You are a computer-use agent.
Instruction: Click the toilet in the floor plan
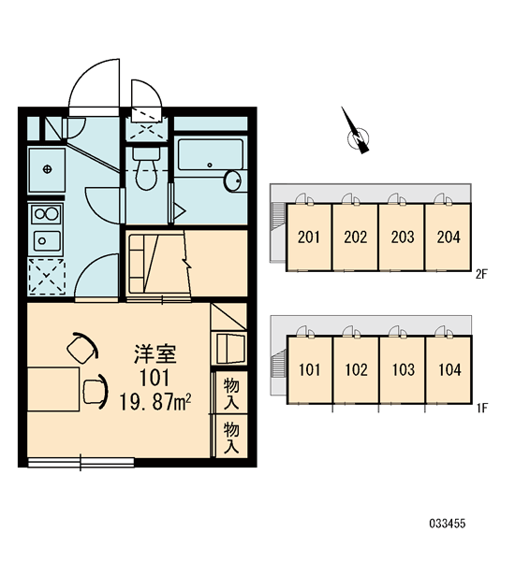pyautogui.click(x=146, y=169)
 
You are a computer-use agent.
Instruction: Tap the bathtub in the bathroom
pyautogui.click(x=211, y=154)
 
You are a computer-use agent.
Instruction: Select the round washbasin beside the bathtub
pyautogui.click(x=232, y=181)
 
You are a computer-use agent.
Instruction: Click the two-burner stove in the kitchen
pyautogui.click(x=46, y=214)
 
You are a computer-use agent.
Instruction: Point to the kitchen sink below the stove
pyautogui.click(x=47, y=241)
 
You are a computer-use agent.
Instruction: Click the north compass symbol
pyautogui.click(x=357, y=133)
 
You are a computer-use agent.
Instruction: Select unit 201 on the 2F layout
pyautogui.click(x=309, y=237)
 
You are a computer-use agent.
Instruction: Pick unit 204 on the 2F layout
pyautogui.click(x=448, y=237)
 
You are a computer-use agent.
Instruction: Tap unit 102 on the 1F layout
pyautogui.click(x=356, y=369)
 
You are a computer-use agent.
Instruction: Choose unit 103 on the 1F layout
pyautogui.click(x=403, y=369)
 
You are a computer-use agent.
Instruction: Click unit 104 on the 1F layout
pyautogui.click(x=449, y=369)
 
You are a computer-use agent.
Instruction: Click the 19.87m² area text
pyautogui.click(x=154, y=402)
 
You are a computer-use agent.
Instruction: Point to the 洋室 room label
pyautogui.click(x=155, y=354)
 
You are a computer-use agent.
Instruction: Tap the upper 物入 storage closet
pyautogui.click(x=231, y=394)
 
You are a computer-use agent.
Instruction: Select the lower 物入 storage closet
pyautogui.click(x=231, y=437)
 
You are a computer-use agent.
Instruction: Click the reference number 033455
pyautogui.click(x=448, y=524)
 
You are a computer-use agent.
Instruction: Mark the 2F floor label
pyautogui.click(x=482, y=274)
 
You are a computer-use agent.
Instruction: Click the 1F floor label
pyautogui.click(x=482, y=408)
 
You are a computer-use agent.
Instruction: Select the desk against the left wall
pyautogui.click(x=53, y=389)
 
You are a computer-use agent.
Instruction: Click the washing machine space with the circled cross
pyautogui.click(x=47, y=169)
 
